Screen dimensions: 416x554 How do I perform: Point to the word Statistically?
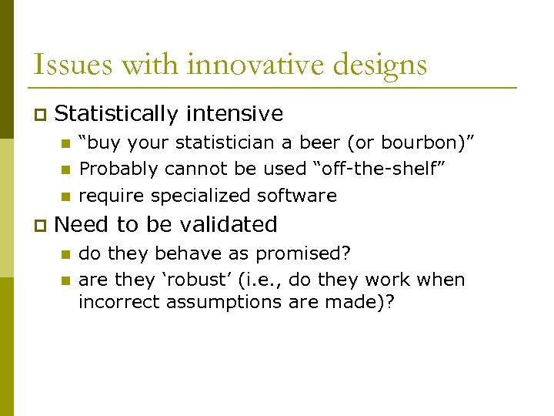[x=116, y=115]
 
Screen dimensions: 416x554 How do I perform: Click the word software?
[x=301, y=196]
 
